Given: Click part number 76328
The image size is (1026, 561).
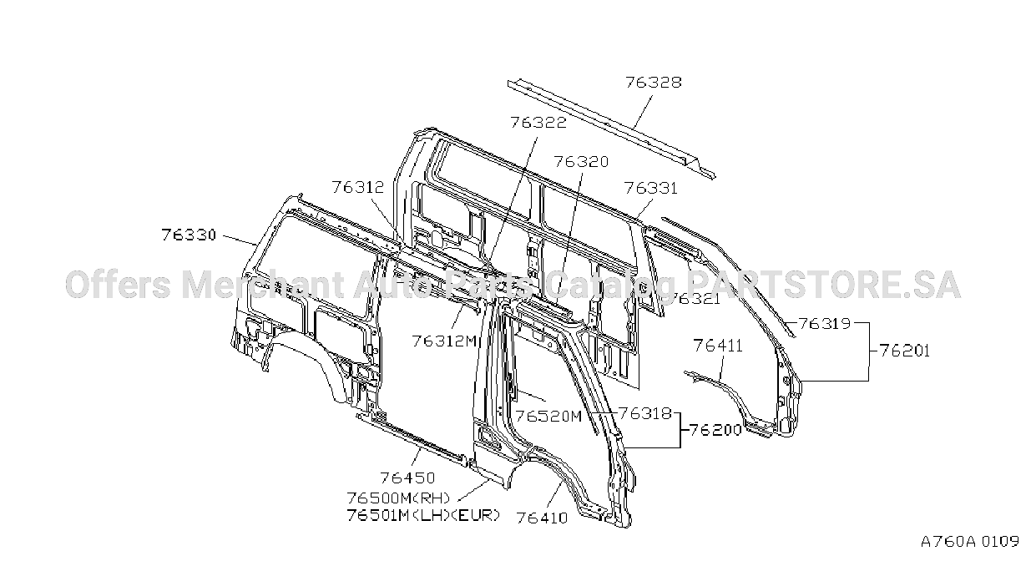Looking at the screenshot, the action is (x=654, y=83).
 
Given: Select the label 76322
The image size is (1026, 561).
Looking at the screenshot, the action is (x=538, y=122).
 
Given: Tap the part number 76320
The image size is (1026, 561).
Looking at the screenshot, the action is (x=581, y=162).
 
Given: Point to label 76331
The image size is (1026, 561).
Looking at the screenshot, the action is (x=650, y=188).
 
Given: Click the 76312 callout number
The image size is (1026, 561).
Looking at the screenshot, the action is (x=358, y=187).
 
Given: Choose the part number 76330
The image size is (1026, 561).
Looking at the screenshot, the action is (x=188, y=235).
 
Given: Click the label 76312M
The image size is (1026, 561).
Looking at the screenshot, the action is (x=445, y=341).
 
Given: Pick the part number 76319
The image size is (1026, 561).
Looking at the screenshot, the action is (x=825, y=324).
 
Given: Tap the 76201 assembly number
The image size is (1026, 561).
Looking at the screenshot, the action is (x=905, y=351).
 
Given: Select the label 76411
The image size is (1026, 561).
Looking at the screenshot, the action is (x=718, y=346).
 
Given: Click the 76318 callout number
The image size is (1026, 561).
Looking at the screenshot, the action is (x=645, y=413).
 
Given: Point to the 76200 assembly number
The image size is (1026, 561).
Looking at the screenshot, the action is (x=715, y=430).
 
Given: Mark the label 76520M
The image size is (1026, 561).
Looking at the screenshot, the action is (x=548, y=417).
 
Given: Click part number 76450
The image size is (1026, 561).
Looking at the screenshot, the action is (x=407, y=478).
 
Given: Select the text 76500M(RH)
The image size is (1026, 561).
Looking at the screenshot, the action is (x=398, y=498).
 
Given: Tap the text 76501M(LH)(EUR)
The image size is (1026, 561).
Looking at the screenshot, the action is (x=423, y=515).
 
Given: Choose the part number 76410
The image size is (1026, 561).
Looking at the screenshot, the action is (x=542, y=518).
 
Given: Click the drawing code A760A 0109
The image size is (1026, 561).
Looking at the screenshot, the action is (x=970, y=542).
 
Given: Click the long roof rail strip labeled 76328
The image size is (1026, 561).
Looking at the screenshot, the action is (x=611, y=129).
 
